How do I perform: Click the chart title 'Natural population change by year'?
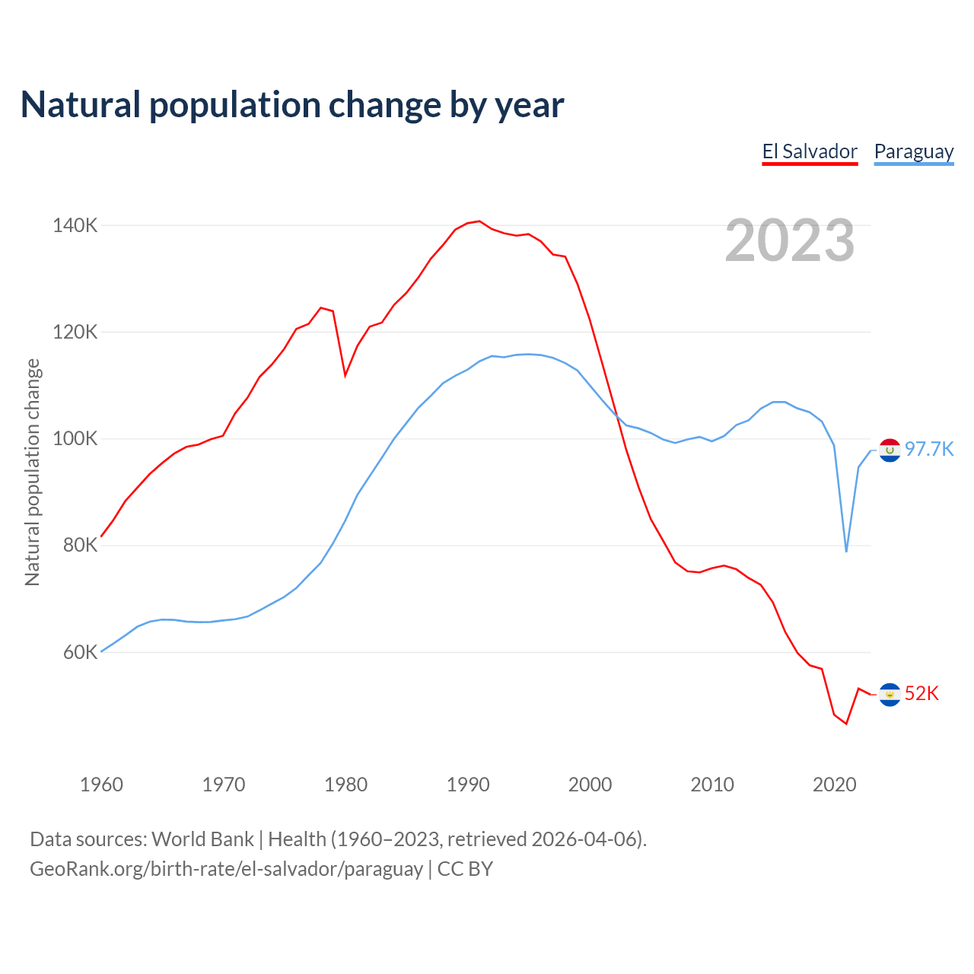coord(292,105)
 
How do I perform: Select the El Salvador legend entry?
coord(810,151)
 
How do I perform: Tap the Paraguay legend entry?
coord(913,151)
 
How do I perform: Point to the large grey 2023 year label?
coord(790,240)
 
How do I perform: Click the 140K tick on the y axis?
coord(75,225)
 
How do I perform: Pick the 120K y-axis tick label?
coord(75,333)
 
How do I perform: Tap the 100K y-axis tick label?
coord(75,439)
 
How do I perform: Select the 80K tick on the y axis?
coord(80,546)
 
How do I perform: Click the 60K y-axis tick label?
coord(80,652)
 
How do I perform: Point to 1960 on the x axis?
coord(101,785)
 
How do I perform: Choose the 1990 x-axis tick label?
coord(468,785)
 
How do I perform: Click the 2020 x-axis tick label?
coord(835,785)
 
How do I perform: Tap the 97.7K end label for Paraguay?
coord(929,449)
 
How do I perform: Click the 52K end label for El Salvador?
coord(921,693)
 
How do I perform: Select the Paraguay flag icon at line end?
coord(890,450)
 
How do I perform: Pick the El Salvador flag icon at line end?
coord(890,695)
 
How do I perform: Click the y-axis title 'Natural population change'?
coord(33,473)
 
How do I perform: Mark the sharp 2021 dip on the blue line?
coord(846,550)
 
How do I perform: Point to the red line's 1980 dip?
coord(345,375)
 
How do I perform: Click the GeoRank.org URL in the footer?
coord(226,868)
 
